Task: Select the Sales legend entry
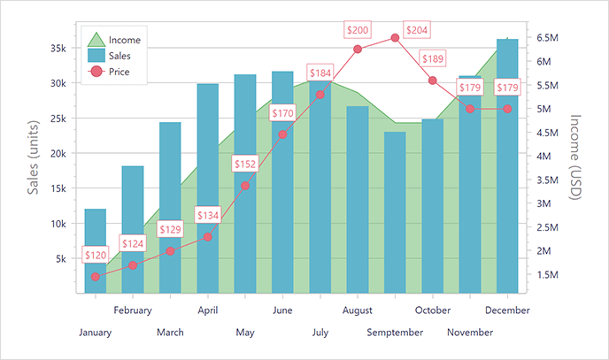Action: point(113,56)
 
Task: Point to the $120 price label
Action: point(95,256)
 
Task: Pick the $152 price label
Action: point(245,165)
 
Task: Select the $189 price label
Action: point(433,59)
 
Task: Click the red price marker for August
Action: point(358,49)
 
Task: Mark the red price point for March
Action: point(170,250)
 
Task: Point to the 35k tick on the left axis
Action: point(55,48)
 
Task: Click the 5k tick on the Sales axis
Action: point(58,259)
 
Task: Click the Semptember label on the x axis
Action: point(394,333)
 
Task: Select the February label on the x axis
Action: point(133,310)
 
